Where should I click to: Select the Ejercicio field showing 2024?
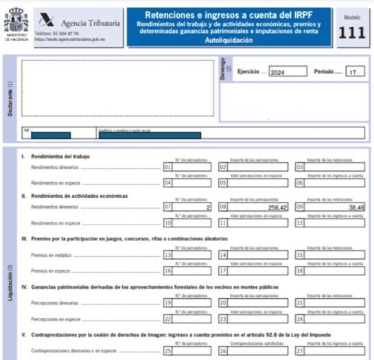[285, 71]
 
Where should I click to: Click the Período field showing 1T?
[354, 71]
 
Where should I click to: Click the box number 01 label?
[168, 167]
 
